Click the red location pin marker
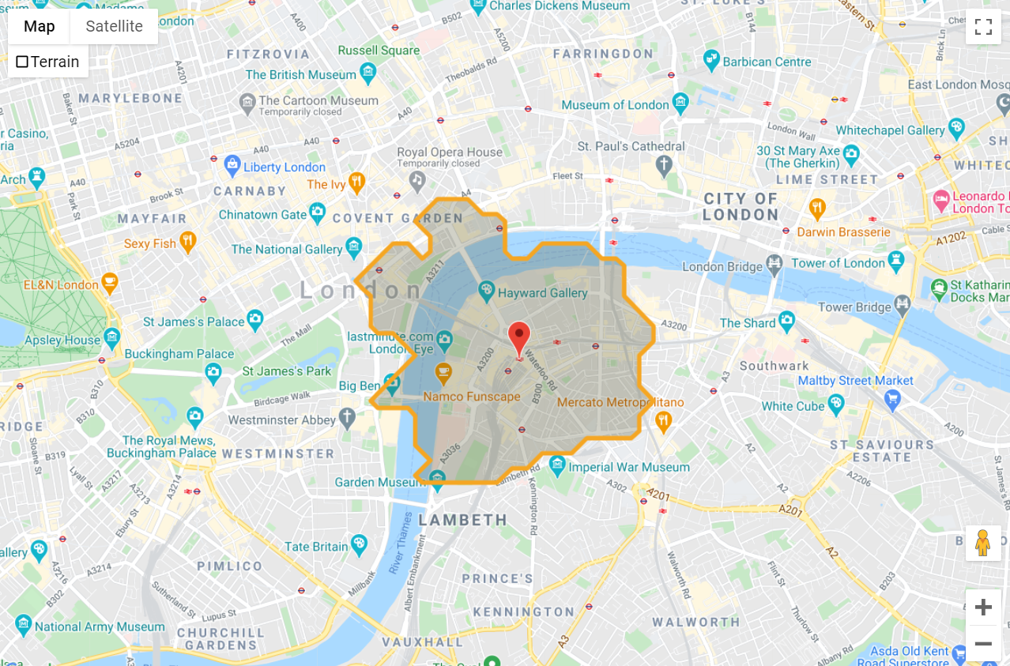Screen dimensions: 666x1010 click(x=518, y=337)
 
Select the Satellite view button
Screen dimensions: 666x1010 click(x=114, y=26)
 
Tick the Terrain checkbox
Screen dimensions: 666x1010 click(x=22, y=62)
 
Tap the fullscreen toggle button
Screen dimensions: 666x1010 click(x=983, y=27)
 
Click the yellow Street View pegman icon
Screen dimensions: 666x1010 click(x=982, y=543)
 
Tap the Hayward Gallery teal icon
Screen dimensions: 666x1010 click(x=487, y=292)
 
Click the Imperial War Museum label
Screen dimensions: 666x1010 click(x=629, y=467)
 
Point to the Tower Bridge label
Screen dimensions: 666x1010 click(x=854, y=307)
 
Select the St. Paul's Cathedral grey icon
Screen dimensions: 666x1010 click(x=664, y=165)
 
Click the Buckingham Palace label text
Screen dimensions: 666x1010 click(x=179, y=354)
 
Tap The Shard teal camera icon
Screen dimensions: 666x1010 click(x=786, y=320)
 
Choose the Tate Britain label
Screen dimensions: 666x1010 click(x=316, y=546)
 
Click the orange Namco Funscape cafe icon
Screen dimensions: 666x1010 click(x=444, y=371)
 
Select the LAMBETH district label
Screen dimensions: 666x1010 click(x=463, y=520)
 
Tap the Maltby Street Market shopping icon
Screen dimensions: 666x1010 click(x=893, y=398)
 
